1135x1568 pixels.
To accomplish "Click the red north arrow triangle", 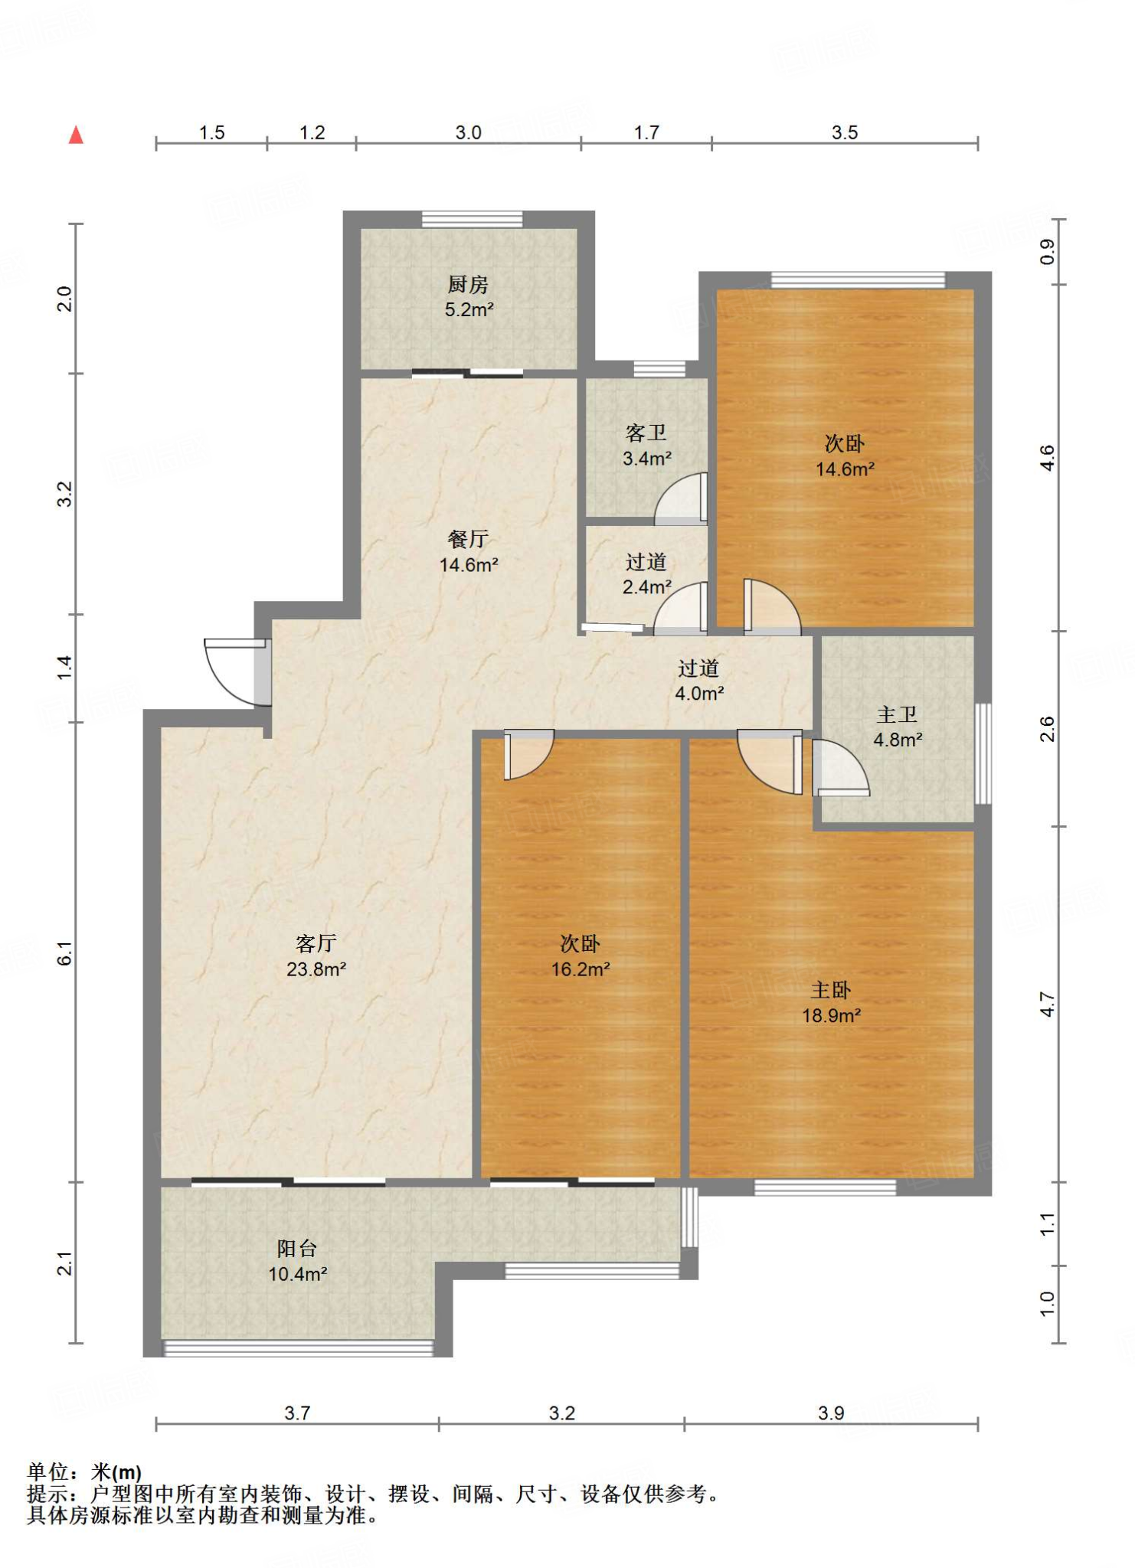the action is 76,136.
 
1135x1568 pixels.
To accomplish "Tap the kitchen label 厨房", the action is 468,285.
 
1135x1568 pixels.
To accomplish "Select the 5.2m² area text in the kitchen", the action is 469,310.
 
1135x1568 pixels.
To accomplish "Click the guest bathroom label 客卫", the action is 646,433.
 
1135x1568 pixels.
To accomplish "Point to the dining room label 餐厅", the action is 468,540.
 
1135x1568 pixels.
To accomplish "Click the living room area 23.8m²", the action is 316,969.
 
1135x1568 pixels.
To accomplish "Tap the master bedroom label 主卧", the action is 831,991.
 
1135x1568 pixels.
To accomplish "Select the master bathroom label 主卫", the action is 897,715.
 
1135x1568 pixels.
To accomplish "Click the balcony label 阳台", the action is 297,1249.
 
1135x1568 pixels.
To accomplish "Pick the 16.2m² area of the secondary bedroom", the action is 581,969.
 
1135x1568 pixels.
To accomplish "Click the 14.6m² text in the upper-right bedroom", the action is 845,469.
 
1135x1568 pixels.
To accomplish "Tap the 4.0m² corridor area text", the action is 699,694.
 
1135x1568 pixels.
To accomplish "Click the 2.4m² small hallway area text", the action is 646,587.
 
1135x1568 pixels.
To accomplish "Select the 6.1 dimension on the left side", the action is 65,953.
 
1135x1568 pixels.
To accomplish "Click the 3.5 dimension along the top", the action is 845,132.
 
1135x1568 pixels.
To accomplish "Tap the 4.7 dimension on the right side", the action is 1047,1004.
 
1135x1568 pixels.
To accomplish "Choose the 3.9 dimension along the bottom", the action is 831,1413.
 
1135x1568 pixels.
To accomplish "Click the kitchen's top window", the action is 473,219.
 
